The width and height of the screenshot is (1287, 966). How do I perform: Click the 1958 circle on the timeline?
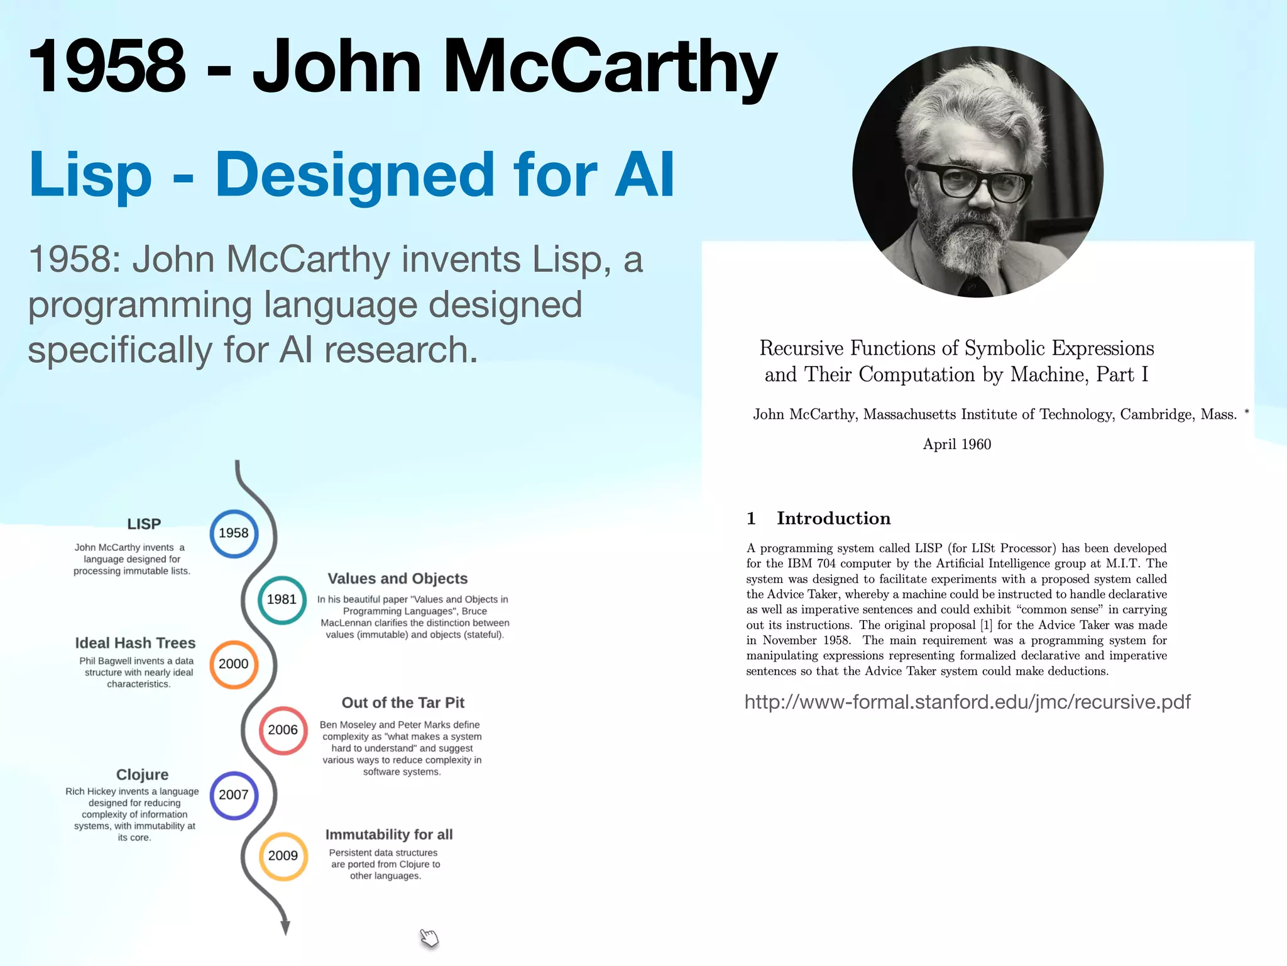[x=234, y=533]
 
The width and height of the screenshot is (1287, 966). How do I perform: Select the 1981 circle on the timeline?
[x=282, y=599]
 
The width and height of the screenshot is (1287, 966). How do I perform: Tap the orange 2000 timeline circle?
[x=234, y=664]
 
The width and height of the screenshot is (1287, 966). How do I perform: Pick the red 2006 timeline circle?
[x=283, y=730]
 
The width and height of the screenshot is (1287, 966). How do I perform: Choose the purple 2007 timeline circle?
[x=234, y=795]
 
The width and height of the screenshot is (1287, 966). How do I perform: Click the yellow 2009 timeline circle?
[x=283, y=856]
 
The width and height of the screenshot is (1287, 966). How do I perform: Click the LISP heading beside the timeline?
[x=144, y=524]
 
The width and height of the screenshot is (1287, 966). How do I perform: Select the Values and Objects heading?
[x=398, y=579]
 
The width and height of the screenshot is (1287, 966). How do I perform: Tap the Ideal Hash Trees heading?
[x=135, y=643]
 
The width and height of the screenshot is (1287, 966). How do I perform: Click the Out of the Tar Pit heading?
[x=403, y=702]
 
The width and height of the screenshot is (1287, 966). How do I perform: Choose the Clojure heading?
[x=143, y=774]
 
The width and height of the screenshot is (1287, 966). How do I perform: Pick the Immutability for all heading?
[x=389, y=835]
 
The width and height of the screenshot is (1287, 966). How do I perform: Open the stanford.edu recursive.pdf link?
[x=967, y=702]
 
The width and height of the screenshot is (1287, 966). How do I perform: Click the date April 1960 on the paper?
[x=956, y=444]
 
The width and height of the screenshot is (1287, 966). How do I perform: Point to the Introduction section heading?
[x=833, y=518]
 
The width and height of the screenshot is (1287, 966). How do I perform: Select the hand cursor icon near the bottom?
[x=429, y=938]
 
